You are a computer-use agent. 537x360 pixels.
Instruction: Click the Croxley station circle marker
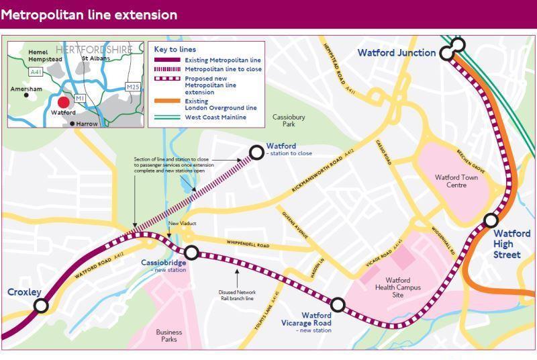click(x=41, y=306)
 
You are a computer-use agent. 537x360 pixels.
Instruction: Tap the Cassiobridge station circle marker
click(x=192, y=253)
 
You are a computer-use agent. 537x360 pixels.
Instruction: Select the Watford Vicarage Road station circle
click(x=338, y=306)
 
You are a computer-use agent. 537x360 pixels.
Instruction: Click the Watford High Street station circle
click(x=491, y=220)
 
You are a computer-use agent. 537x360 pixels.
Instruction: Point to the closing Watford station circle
click(x=256, y=152)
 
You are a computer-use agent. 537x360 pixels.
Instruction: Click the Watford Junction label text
click(x=396, y=53)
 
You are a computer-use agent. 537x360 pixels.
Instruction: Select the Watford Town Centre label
click(x=459, y=181)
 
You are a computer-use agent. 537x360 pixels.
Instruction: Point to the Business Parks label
click(x=169, y=336)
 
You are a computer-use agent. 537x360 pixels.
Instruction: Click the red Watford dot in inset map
click(x=63, y=103)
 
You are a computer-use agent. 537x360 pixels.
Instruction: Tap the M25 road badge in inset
click(x=133, y=87)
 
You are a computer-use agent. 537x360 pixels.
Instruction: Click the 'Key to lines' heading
click(x=175, y=49)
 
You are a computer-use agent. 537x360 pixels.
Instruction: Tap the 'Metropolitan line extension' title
click(x=89, y=14)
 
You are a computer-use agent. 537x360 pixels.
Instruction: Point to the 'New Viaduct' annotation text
click(x=181, y=223)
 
